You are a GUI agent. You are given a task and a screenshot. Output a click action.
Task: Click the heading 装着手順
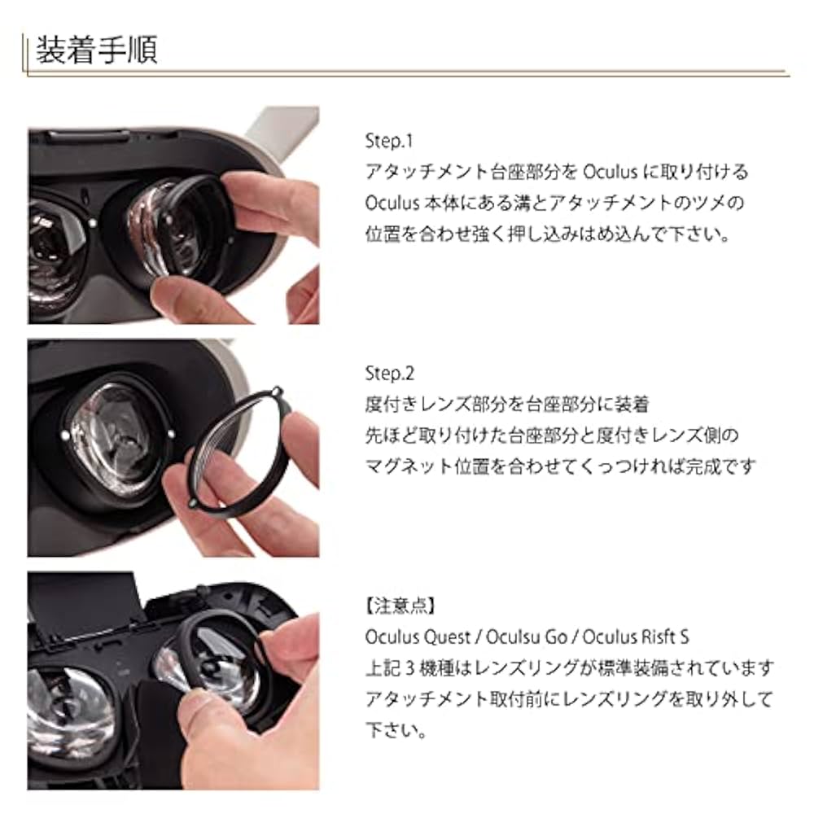(96, 50)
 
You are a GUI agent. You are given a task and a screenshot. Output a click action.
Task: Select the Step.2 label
(390, 374)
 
